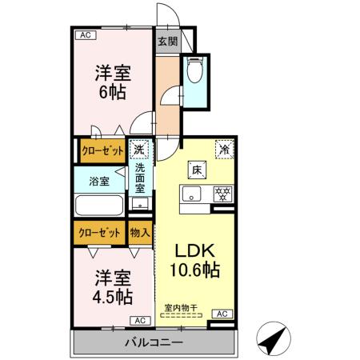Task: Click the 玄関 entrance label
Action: [166, 42]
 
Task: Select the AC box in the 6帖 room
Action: [86, 35]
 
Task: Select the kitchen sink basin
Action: [193, 193]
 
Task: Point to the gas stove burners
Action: [221, 193]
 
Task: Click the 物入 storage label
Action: [139, 233]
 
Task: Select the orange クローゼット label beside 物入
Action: [99, 233]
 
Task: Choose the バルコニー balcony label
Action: [154, 343]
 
